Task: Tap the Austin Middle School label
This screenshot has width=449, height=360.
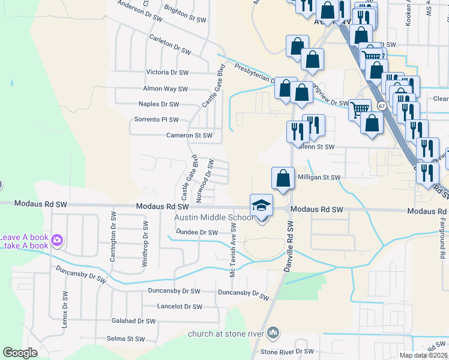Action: (208, 217)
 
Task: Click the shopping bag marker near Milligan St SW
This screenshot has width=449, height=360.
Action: (283, 178)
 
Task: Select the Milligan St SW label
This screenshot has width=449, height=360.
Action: (318, 178)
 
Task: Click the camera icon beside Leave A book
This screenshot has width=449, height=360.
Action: (57, 241)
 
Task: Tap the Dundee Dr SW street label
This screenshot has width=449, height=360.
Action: (196, 232)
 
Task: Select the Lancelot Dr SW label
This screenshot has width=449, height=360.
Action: (179, 307)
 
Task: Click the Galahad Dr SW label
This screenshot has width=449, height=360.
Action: (133, 321)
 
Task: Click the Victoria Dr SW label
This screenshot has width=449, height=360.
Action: (167, 73)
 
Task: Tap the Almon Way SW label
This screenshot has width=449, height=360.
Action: (165, 89)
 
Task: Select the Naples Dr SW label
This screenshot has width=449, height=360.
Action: (159, 104)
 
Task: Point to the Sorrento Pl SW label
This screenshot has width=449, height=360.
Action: (156, 119)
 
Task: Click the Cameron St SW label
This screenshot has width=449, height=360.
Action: (189, 136)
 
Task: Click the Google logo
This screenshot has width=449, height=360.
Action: (20, 353)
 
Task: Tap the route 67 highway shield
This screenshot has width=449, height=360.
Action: (382, 106)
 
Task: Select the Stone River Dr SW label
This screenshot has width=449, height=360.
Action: (287, 352)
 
